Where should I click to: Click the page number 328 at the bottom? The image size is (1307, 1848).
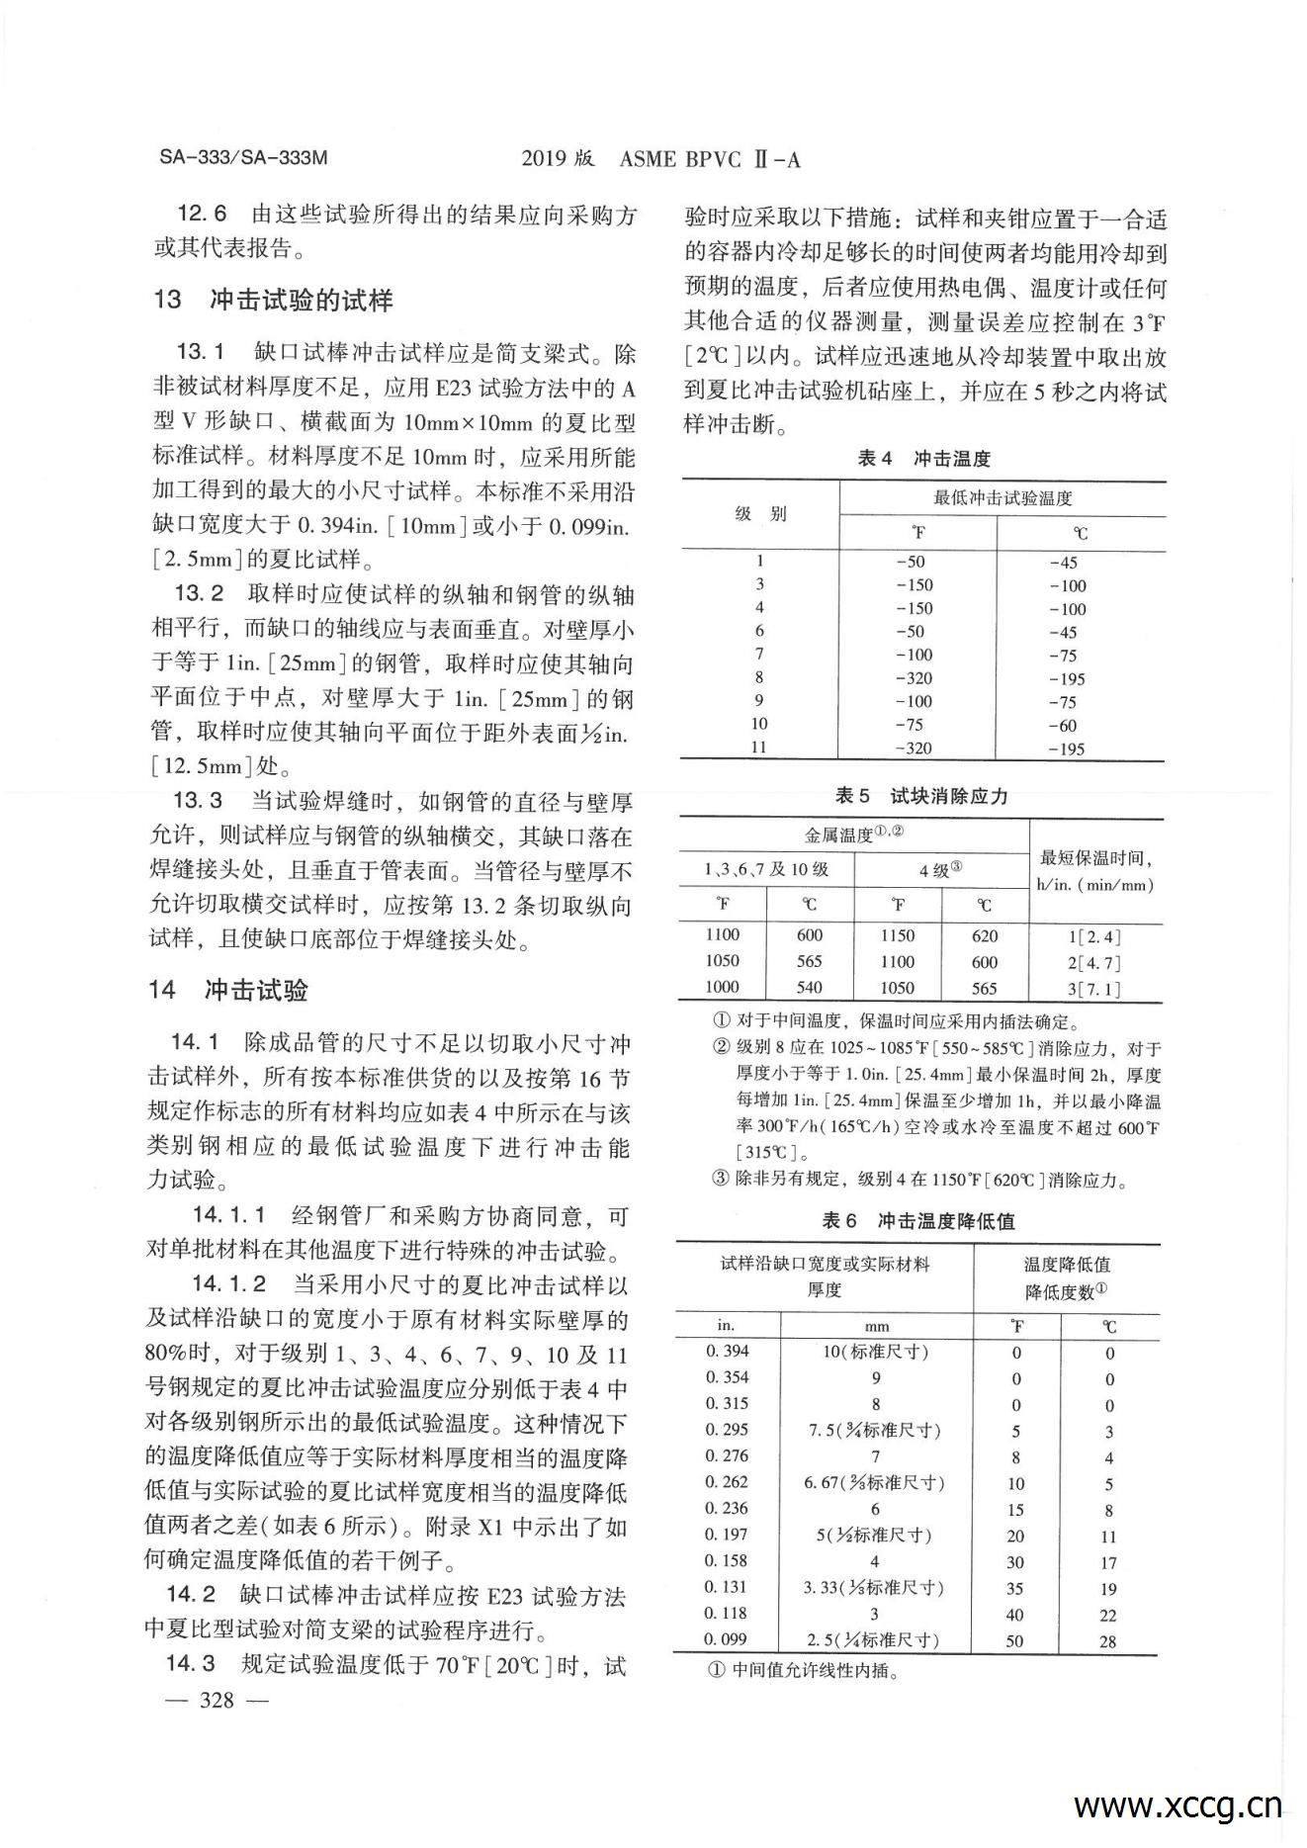click(x=217, y=1700)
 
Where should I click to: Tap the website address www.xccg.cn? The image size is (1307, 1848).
click(x=1177, y=1804)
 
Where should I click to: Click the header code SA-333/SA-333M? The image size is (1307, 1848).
click(x=242, y=158)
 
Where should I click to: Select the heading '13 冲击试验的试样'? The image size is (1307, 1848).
click(x=274, y=300)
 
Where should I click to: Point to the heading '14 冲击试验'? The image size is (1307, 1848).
click(x=230, y=990)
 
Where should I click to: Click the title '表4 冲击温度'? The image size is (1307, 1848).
click(x=923, y=459)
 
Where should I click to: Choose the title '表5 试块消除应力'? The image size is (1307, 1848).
click(x=921, y=796)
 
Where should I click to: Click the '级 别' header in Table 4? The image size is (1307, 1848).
click(x=759, y=514)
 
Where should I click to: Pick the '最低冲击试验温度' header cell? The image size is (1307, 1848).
click(x=1002, y=498)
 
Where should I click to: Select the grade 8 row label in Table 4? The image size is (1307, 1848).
click(x=759, y=677)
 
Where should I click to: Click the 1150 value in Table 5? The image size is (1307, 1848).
click(x=897, y=935)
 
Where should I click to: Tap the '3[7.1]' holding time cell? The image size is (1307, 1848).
click(x=1094, y=988)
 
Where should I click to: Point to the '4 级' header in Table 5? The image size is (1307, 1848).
click(x=940, y=870)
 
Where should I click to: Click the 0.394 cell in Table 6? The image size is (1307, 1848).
click(x=728, y=1351)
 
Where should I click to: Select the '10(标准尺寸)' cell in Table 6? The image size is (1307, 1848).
click(x=876, y=1351)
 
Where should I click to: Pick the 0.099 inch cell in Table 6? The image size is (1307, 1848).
click(x=727, y=1638)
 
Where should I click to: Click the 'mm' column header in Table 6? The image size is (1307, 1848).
click(x=876, y=1326)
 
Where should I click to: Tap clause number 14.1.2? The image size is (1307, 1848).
click(x=229, y=1283)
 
